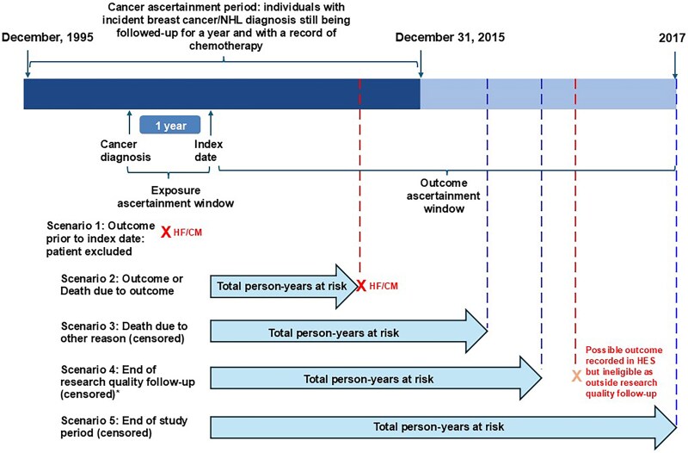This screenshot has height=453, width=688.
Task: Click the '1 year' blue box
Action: point(170,125)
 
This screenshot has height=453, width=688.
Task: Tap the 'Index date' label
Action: point(207,151)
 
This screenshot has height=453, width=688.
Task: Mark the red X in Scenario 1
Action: point(166,232)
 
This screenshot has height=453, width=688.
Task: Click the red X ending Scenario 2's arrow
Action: point(362,285)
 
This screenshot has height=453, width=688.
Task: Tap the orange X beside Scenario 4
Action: point(576,376)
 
